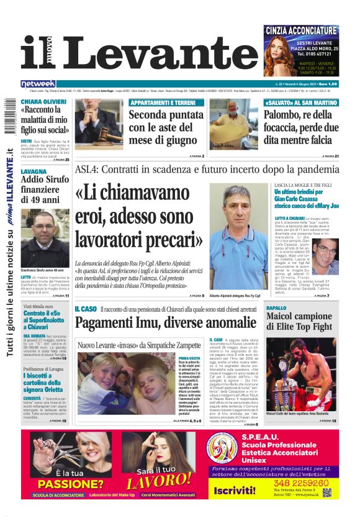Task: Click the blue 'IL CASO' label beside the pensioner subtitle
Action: tap(85, 309)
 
